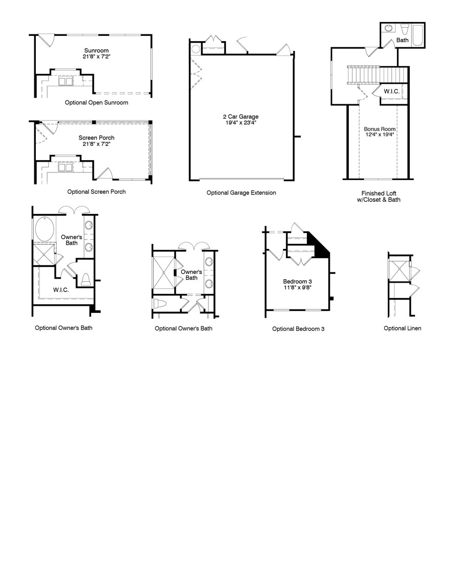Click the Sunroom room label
(96, 51)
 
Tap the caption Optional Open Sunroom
(96, 103)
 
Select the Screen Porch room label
(96, 138)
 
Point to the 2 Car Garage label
(241, 116)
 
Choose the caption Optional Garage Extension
(241, 193)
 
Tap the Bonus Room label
(380, 129)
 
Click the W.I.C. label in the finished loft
(392, 92)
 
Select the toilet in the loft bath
(404, 27)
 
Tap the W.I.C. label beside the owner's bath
(61, 290)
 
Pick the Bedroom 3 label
(298, 282)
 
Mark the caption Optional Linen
(402, 328)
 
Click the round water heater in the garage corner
(195, 50)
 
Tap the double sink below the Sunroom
(65, 81)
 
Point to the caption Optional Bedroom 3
(298, 329)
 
